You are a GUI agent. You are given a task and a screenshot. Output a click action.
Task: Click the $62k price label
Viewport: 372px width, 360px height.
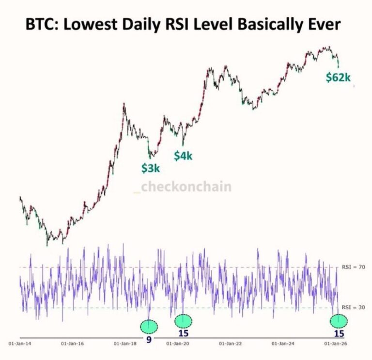click(x=338, y=77)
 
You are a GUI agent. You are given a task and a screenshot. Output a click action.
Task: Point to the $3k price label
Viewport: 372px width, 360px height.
click(x=150, y=168)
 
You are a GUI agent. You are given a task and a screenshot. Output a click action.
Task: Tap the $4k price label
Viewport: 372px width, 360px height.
click(x=184, y=156)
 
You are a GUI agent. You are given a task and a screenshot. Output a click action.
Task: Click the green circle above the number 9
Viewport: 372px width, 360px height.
click(x=149, y=326)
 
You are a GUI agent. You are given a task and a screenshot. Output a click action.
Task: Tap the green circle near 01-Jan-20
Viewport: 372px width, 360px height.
click(x=183, y=320)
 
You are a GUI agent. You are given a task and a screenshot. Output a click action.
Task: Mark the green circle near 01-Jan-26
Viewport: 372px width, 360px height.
click(x=338, y=320)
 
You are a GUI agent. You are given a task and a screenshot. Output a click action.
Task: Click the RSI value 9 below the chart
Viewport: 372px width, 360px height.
click(x=149, y=339)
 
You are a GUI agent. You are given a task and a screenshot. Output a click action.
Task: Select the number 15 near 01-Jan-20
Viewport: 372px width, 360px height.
click(x=183, y=333)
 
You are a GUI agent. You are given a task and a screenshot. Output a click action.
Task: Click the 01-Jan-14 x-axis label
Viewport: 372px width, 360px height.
click(x=19, y=344)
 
